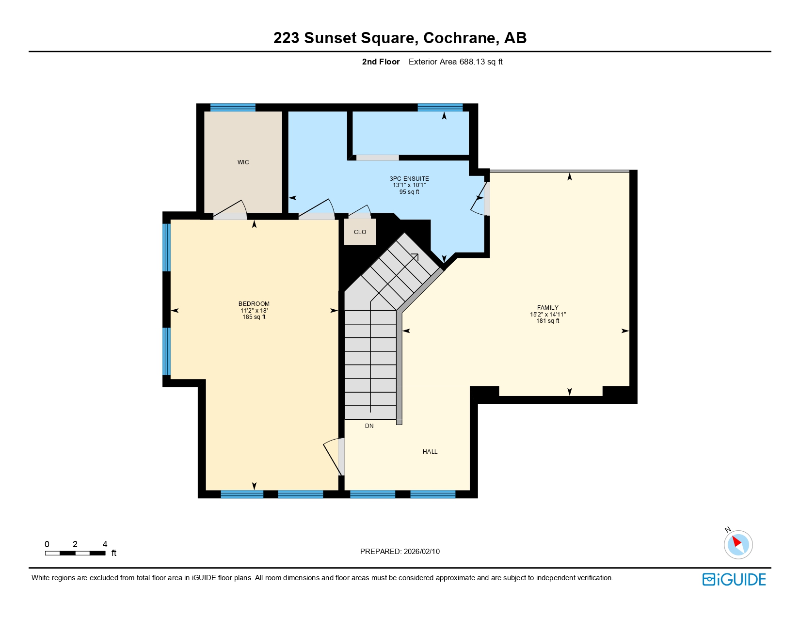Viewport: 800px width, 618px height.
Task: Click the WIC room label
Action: pos(243,162)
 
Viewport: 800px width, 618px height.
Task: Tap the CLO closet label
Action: pos(360,232)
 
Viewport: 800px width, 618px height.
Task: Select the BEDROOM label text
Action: pos(254,304)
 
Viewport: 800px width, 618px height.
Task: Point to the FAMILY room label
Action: pos(547,308)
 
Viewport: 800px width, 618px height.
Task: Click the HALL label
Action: pos(430,452)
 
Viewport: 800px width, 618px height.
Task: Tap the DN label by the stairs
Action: pos(369,426)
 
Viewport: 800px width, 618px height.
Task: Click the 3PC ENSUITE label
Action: pos(409,179)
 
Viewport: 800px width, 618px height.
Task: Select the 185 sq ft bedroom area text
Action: pos(254,317)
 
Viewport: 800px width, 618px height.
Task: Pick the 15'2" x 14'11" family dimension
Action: pos(547,315)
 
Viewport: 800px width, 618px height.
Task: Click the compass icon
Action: pos(738,544)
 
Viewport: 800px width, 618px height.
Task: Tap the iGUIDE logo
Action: pos(734,579)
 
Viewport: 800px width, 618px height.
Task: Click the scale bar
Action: pos(75,553)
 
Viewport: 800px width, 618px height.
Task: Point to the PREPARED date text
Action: pos(400,552)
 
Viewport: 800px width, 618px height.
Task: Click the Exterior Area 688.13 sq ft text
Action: pos(455,62)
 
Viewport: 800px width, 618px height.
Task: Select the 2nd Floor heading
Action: pos(381,62)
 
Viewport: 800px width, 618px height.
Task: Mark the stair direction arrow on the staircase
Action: pos(415,256)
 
